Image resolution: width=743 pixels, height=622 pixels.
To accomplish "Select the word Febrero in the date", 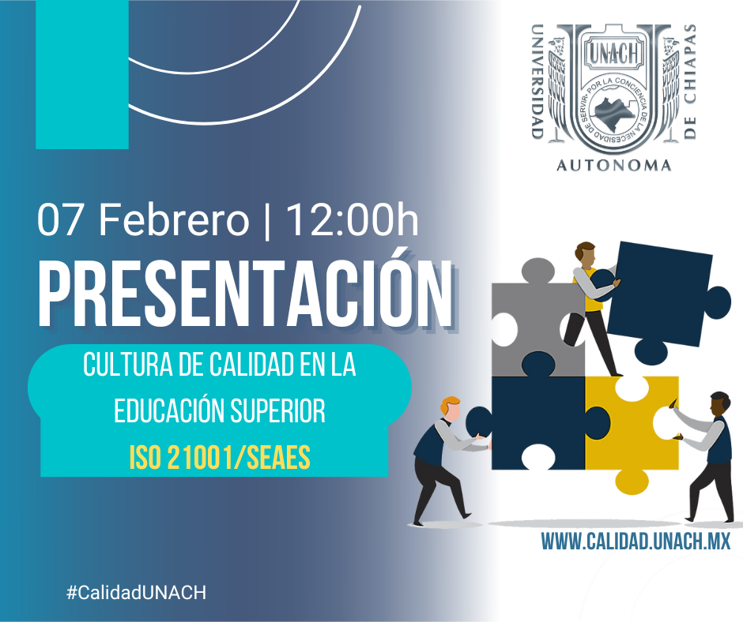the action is pos(173,220).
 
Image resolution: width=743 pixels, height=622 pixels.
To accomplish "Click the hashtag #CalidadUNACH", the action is pos(137,592).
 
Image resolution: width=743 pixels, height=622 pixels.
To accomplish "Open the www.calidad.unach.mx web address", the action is pos(636,541).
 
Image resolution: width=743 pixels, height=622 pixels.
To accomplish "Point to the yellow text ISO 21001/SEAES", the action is pos(220,458).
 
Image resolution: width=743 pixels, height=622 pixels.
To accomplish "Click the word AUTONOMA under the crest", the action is pos(613,165).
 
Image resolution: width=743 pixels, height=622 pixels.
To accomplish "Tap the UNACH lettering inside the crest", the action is pos(614,53).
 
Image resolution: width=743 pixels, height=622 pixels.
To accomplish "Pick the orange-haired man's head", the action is pos(450,409).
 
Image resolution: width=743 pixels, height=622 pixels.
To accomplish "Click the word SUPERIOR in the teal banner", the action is pos(278,410).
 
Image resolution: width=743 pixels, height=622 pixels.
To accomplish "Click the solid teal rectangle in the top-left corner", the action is pos(82,74).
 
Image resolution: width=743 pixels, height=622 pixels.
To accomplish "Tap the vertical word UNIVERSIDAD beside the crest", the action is pos(537,81).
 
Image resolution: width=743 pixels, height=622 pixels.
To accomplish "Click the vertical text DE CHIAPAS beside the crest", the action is pos(690,81).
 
